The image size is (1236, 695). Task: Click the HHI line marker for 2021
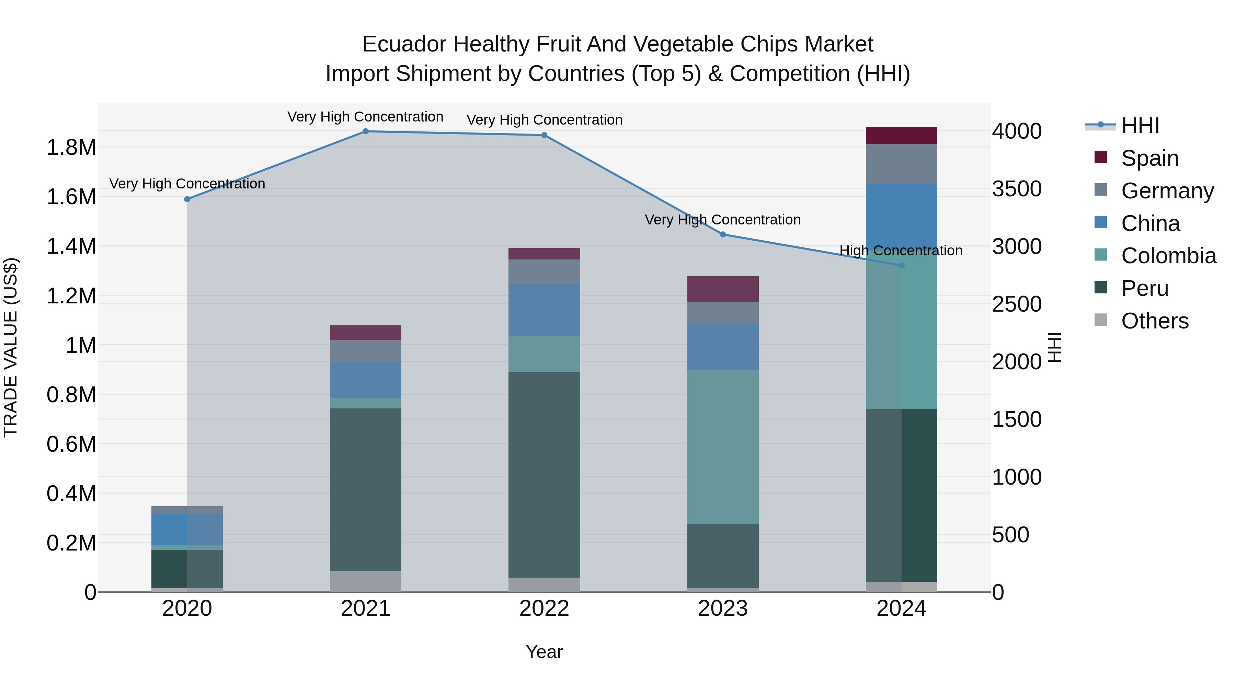point(366,131)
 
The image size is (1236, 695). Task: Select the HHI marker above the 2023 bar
point(723,234)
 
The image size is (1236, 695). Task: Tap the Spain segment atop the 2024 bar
point(901,136)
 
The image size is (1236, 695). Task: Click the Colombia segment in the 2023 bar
point(723,447)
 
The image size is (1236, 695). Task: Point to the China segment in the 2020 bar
point(187,530)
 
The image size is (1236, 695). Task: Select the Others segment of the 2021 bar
point(366,581)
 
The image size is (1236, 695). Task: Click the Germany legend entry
point(1167,191)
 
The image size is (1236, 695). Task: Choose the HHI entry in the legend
point(1140,126)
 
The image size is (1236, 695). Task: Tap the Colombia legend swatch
point(1101,255)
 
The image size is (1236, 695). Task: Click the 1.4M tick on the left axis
point(71,246)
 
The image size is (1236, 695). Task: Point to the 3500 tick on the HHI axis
point(1017,189)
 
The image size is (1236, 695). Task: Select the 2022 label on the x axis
point(544,609)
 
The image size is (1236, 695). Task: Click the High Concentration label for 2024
point(901,251)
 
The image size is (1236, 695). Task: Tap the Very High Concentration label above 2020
point(187,184)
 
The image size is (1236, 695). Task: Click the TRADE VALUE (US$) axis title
point(11,347)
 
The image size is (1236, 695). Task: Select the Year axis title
point(544,652)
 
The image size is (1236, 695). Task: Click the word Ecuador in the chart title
point(404,44)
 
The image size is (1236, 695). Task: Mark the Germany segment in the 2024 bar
point(901,164)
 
